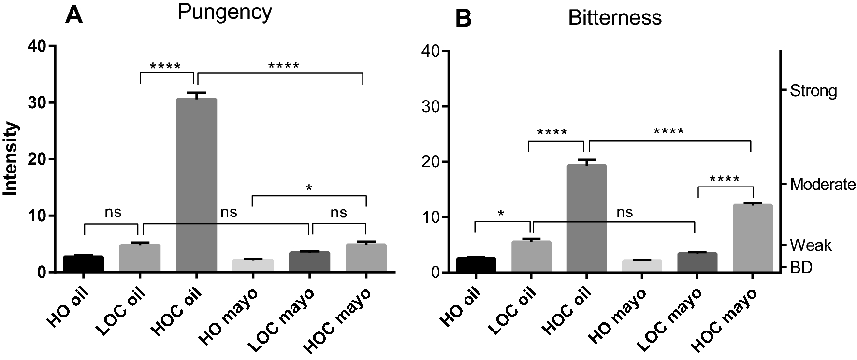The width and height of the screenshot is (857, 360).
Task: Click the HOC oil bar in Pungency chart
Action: (x=196, y=186)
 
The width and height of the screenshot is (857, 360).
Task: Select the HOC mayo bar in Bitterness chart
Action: (x=753, y=239)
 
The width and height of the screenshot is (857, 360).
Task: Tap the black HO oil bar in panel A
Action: (x=83, y=264)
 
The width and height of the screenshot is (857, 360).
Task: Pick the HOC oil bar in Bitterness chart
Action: (x=586, y=219)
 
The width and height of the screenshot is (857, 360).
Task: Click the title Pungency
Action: (x=225, y=13)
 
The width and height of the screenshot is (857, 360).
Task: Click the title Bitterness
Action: (x=614, y=18)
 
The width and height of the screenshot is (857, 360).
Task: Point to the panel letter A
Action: (x=74, y=16)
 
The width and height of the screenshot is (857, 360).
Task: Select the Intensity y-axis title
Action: (x=11, y=159)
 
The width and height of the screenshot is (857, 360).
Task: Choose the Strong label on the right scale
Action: (x=813, y=91)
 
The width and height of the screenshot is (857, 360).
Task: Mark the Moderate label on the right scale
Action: (x=822, y=184)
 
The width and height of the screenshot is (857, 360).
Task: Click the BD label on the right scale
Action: (x=800, y=268)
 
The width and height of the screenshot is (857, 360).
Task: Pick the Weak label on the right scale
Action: (x=811, y=245)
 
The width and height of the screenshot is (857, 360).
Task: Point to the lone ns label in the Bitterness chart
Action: (x=625, y=212)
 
